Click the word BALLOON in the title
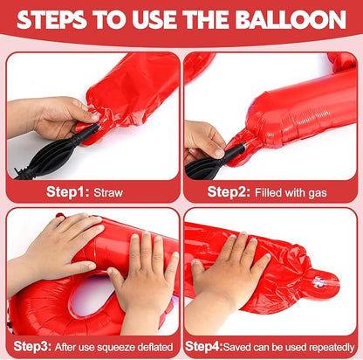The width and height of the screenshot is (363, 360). [x=291, y=20]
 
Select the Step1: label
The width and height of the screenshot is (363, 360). [x=68, y=192]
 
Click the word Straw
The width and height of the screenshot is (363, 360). [x=108, y=193]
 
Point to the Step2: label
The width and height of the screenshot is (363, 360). [x=229, y=192]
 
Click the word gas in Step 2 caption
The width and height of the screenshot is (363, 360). [x=318, y=194]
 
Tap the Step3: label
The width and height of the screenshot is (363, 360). [x=32, y=347]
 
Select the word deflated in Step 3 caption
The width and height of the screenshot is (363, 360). [x=155, y=347]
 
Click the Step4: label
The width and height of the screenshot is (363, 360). [x=204, y=347]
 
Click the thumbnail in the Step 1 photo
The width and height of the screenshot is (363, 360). [x=94, y=117]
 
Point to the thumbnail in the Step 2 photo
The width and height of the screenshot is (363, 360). [x=220, y=153]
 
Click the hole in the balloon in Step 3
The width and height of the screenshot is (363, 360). [x=91, y=294]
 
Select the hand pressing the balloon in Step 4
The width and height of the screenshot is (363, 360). [x=229, y=269]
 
